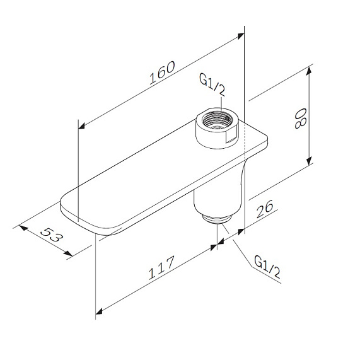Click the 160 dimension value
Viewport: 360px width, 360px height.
pyautogui.click(x=162, y=73)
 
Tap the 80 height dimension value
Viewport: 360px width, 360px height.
pyautogui.click(x=300, y=119)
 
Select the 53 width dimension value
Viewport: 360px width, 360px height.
pyautogui.click(x=52, y=235)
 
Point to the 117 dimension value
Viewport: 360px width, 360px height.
pyautogui.click(x=161, y=267)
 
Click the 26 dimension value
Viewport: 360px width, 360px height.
pyautogui.click(x=265, y=209)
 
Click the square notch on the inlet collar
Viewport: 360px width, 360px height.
pyautogui.click(x=231, y=137)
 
